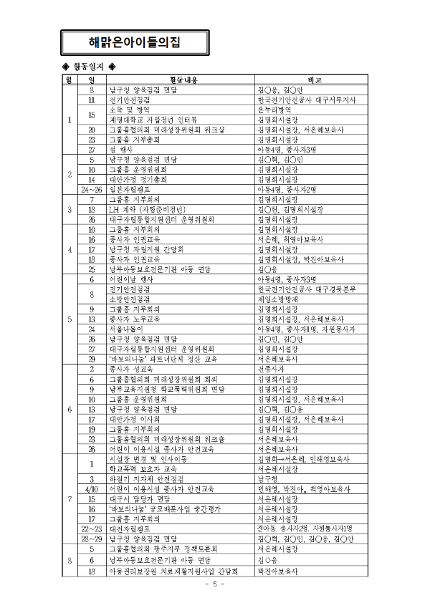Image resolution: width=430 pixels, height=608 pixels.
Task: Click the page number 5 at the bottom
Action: (x=214, y=585)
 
